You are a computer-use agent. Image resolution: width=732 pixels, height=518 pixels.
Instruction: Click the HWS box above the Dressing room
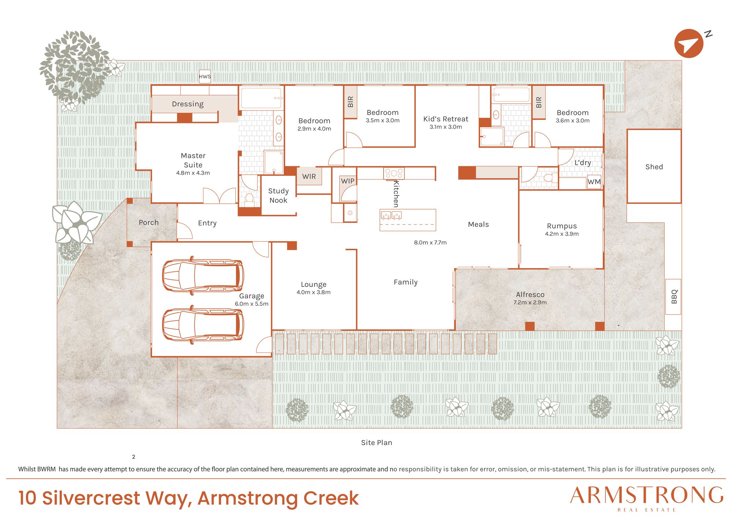pyautogui.click(x=205, y=77)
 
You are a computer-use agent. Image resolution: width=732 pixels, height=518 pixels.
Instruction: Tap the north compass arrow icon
pyautogui.click(x=689, y=44)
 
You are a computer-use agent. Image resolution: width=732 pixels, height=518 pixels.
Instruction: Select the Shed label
pyautogui.click(x=654, y=167)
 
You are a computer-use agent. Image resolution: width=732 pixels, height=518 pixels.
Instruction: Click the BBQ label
pyautogui.click(x=674, y=297)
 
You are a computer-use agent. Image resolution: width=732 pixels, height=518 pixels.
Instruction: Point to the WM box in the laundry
pyautogui.click(x=594, y=182)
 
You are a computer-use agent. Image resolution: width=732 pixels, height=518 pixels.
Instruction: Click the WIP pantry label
pyautogui.click(x=348, y=181)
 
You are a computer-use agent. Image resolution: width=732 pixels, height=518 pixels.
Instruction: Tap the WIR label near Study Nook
pyautogui.click(x=309, y=177)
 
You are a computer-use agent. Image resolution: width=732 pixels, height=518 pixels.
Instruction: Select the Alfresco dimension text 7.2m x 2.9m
pyautogui.click(x=530, y=303)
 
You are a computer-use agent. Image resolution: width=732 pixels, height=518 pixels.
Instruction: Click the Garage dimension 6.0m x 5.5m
pyautogui.click(x=251, y=304)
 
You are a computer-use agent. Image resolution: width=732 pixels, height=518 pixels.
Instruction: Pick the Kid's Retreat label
pyautogui.click(x=446, y=119)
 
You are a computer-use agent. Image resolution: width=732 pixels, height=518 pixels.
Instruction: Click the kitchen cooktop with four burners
pyautogui.click(x=394, y=173)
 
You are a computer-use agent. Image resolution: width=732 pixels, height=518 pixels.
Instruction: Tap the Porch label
pyautogui.click(x=149, y=222)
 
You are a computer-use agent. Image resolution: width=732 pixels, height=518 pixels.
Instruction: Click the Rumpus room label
pyautogui.click(x=562, y=226)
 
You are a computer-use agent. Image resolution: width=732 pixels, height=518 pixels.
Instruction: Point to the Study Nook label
pyautogui.click(x=278, y=196)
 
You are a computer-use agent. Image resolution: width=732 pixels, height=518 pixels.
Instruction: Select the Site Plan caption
pyautogui.click(x=377, y=443)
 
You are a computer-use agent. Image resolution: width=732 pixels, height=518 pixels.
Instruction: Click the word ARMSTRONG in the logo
pyautogui.click(x=647, y=495)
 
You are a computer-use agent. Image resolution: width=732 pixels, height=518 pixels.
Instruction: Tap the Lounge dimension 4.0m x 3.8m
pyautogui.click(x=314, y=292)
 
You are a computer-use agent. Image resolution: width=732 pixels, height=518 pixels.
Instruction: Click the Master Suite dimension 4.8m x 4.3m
pyautogui.click(x=193, y=173)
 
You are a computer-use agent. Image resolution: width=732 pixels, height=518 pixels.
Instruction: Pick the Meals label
pyautogui.click(x=478, y=224)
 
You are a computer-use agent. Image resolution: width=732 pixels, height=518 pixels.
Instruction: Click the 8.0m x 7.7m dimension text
pyautogui.click(x=430, y=243)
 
